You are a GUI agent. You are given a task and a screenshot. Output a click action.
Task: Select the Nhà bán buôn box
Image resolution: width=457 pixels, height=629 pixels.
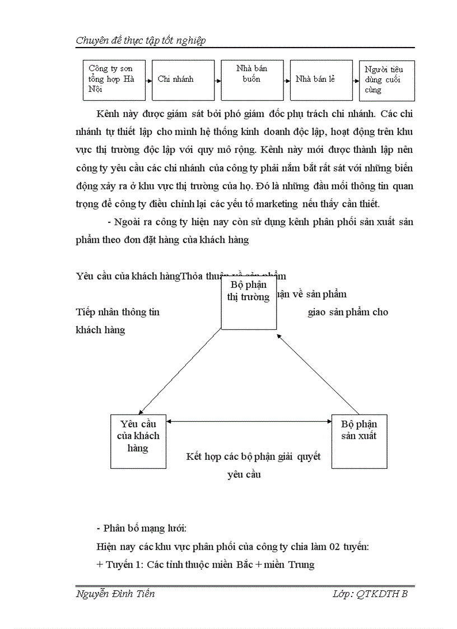point(251,80)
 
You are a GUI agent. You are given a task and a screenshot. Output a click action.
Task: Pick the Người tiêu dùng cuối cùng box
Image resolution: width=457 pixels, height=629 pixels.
point(386,80)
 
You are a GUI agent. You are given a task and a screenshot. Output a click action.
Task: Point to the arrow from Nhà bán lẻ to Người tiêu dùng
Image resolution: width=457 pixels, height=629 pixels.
point(353,80)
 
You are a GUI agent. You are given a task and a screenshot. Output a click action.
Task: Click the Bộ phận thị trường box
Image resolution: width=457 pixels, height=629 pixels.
point(248,302)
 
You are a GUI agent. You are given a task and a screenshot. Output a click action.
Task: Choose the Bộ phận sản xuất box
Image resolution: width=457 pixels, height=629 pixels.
point(359,441)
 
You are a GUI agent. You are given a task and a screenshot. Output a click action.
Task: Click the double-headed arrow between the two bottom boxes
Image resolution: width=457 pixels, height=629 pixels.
point(249,422)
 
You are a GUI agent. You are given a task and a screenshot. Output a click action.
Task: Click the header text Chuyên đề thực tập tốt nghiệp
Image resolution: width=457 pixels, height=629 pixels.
point(141,40)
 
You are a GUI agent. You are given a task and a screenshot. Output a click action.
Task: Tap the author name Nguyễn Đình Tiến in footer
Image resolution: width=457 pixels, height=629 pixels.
point(115,594)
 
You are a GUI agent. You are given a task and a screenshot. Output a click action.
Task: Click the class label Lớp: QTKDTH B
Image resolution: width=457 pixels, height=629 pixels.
point(370,594)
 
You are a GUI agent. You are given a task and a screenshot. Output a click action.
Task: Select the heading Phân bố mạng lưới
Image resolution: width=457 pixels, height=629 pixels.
point(142,528)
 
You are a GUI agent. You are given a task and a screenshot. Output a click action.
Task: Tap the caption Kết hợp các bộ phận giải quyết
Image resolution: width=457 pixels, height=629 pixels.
point(253,456)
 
